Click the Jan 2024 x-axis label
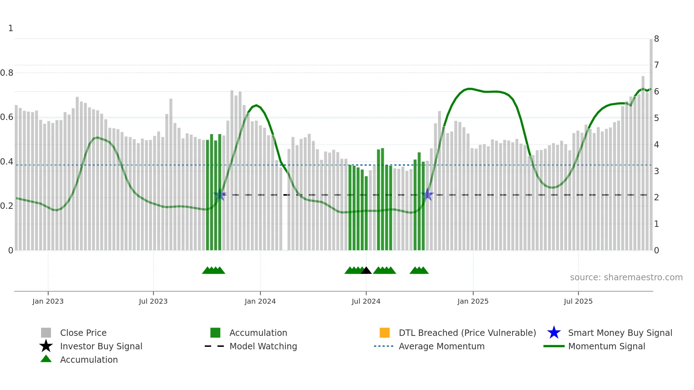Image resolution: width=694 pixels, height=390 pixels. coord(260,301)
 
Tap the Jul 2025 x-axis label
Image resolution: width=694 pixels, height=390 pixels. coord(578,301)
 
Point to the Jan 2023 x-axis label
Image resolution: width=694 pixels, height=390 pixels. coord(48,301)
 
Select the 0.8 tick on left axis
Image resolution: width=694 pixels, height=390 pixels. coord(7,73)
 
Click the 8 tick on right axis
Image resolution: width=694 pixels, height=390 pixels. coord(656,39)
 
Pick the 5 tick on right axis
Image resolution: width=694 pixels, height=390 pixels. coord(656,118)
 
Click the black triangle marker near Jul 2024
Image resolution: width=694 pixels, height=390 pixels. coord(366,271)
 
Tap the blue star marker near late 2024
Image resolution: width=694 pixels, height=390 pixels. coord(428,195)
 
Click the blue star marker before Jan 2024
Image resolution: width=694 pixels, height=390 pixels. coord(220,195)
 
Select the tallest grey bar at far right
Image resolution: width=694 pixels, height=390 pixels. coord(651,142)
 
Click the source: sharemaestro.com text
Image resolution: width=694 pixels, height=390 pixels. coord(626,277)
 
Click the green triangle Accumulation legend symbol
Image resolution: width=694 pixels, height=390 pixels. coord(46,359)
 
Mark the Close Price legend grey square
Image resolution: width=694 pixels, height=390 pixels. coord(46,333)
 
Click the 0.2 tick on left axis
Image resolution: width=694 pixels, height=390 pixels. coord(7,206)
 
